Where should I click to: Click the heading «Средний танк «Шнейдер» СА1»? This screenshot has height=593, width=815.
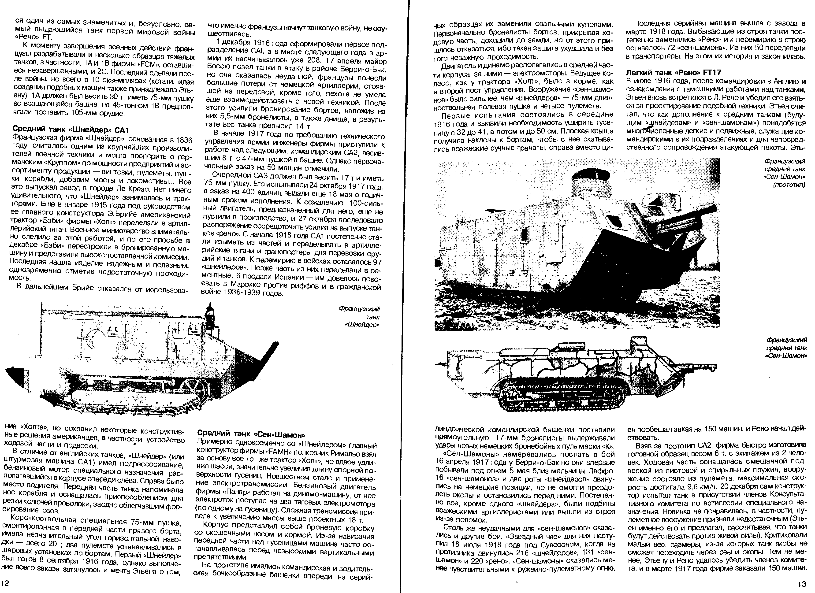71,129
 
